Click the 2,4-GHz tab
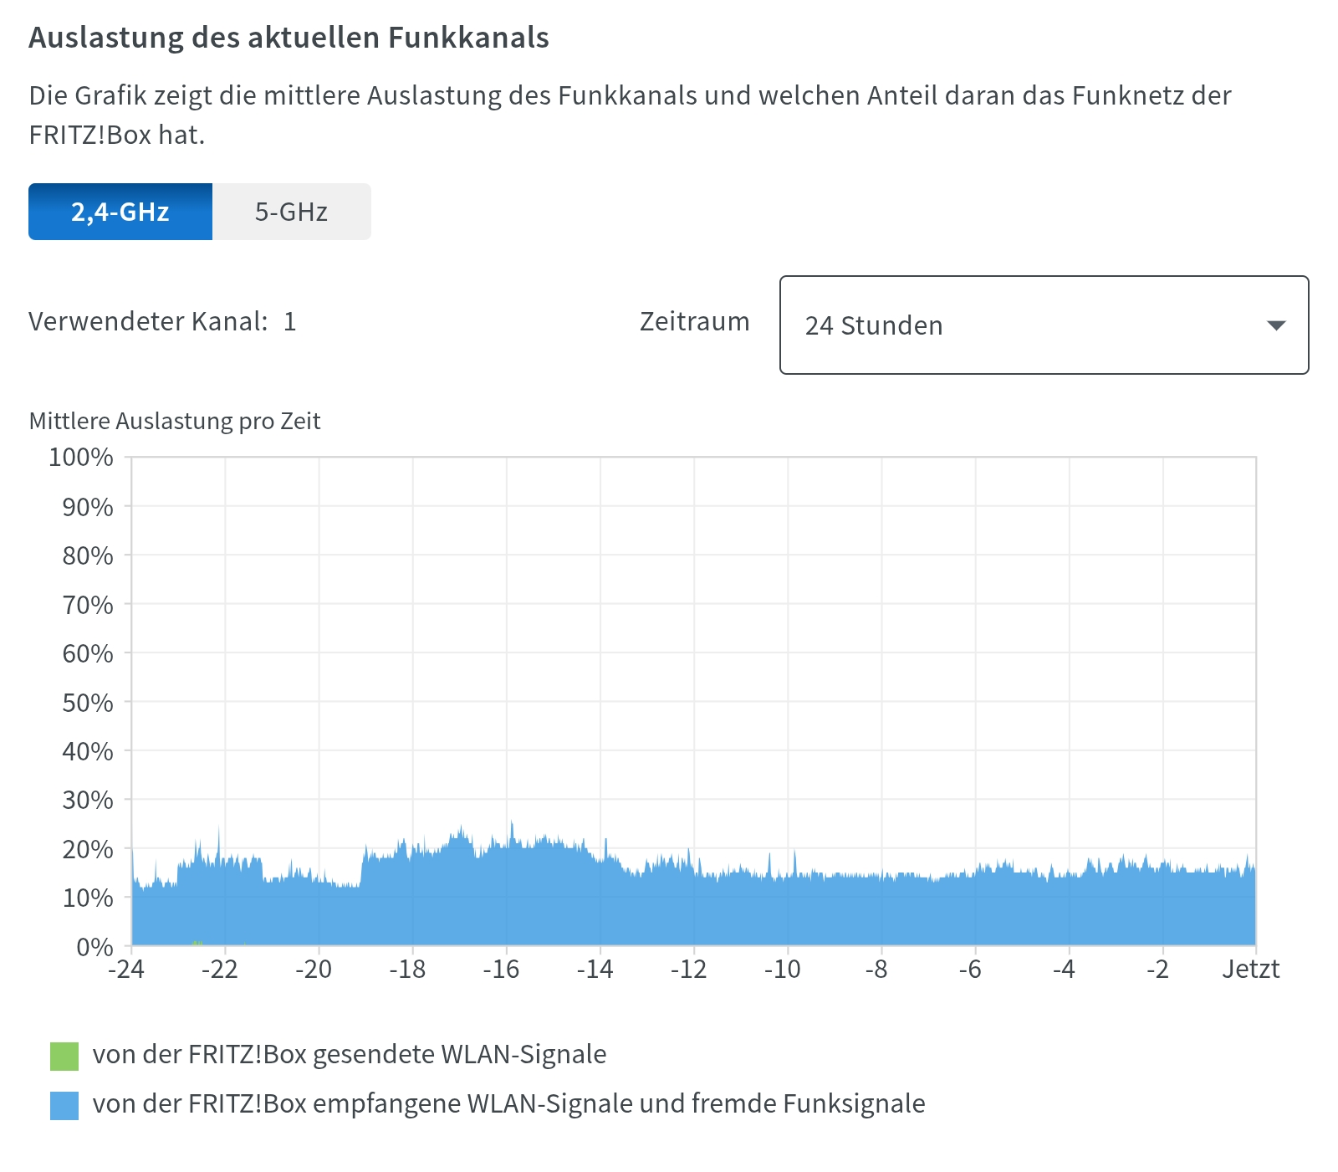(x=120, y=212)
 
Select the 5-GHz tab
(x=291, y=212)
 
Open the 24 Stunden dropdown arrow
(x=1275, y=325)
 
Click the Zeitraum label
(x=694, y=321)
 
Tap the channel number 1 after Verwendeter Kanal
(x=290, y=321)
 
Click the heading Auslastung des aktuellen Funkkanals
(x=289, y=38)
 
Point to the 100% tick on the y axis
(x=81, y=457)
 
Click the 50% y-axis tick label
(x=87, y=703)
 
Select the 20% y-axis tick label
(x=87, y=849)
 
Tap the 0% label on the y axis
(x=94, y=947)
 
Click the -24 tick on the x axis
(x=126, y=969)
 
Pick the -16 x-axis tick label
(x=501, y=969)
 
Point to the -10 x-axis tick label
(x=782, y=969)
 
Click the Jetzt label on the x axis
(x=1250, y=969)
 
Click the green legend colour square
(x=64, y=1056)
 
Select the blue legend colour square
(x=64, y=1105)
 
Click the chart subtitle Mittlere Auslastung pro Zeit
(x=175, y=421)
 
